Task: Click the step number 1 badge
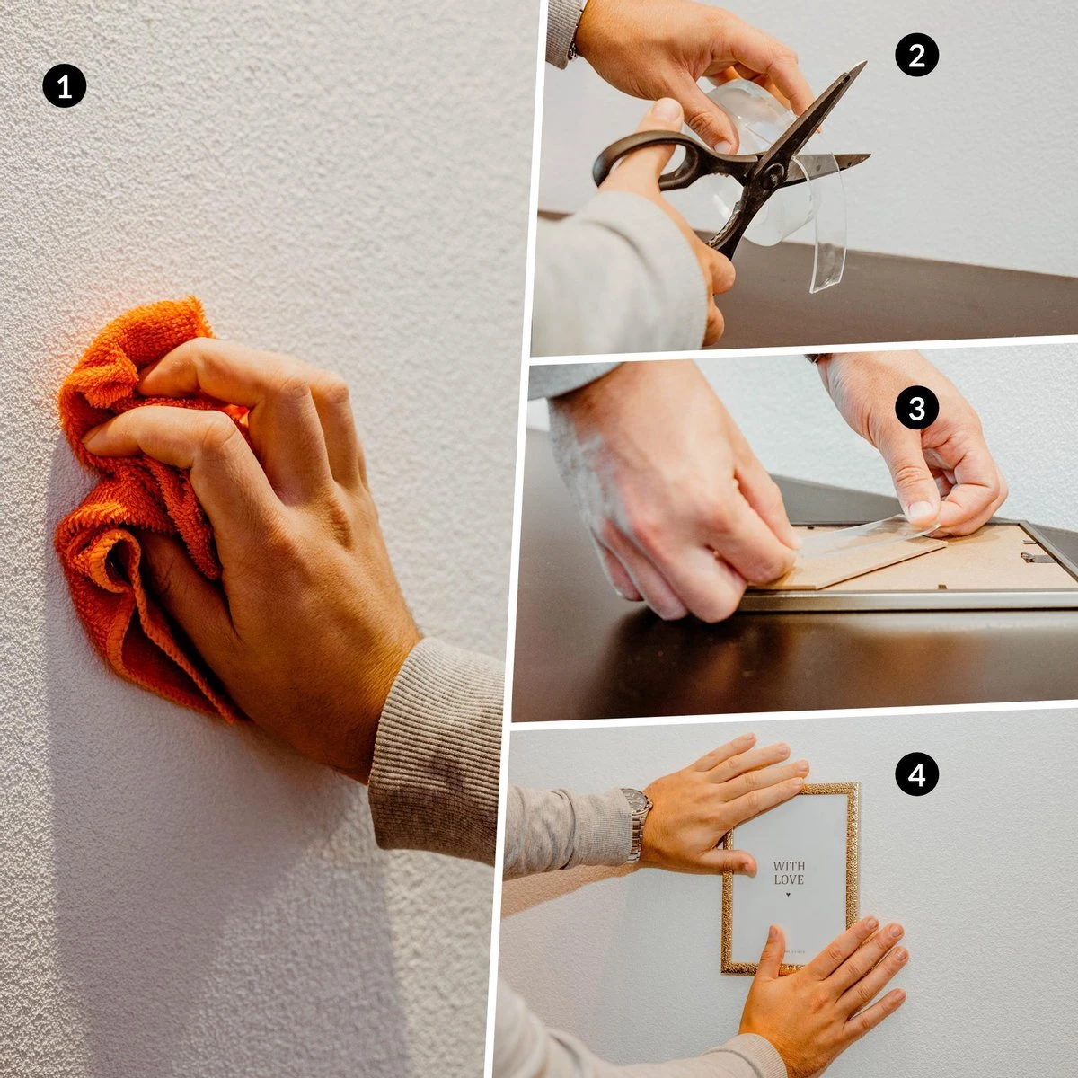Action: pyautogui.click(x=64, y=87)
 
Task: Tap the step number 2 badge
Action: pyautogui.click(x=916, y=56)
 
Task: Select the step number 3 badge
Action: pyautogui.click(x=916, y=409)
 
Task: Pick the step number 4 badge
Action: pyautogui.click(x=916, y=775)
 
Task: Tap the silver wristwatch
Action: pyautogui.click(x=637, y=823)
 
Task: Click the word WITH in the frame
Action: pyautogui.click(x=789, y=867)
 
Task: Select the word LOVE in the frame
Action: pyautogui.click(x=789, y=880)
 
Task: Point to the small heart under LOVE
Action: pyautogui.click(x=789, y=895)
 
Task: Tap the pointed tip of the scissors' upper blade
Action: pyautogui.click(x=863, y=64)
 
